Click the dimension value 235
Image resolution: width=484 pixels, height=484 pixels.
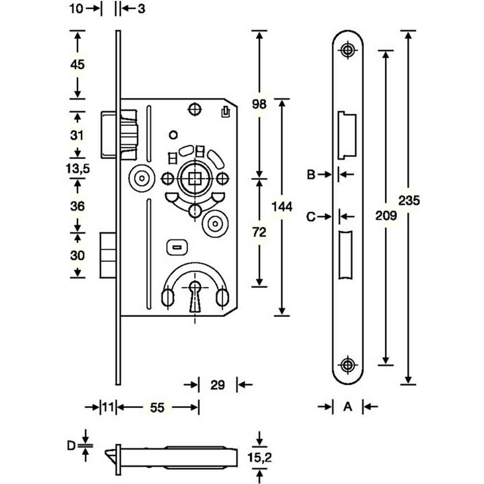pos(410,200)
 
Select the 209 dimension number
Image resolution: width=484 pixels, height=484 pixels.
pos(386,215)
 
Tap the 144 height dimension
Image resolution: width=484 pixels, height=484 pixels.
pos(282,207)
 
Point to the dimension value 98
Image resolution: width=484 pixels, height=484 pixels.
pos(260,105)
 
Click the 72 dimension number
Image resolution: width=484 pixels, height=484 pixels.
pos(260,233)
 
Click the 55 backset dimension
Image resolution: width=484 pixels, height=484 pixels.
pos(157,408)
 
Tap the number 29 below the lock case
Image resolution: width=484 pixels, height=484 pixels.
pos(218,385)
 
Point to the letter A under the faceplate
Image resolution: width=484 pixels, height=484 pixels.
pos(347,408)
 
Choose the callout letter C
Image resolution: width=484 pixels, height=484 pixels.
pos(311,217)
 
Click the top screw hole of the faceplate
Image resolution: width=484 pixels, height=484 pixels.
pos(347,50)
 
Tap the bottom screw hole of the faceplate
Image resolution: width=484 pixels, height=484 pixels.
pos(347,365)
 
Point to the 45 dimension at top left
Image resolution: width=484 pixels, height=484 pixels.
pos(77,64)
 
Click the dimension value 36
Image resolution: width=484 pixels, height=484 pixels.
pos(77,206)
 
